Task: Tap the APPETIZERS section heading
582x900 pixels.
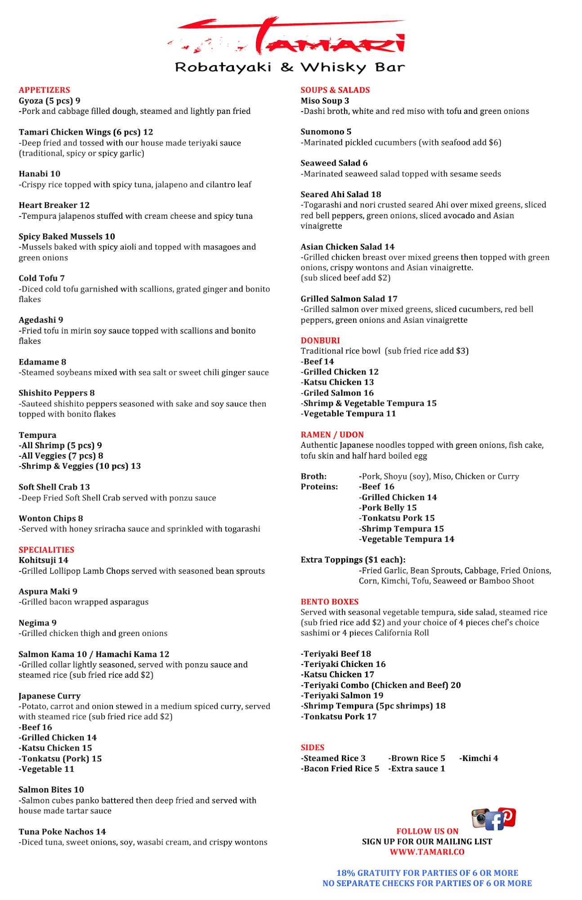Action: point(45,90)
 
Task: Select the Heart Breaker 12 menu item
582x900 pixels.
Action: point(54,205)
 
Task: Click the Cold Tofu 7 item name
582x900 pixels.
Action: point(41,278)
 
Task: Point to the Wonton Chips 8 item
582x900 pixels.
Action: point(51,518)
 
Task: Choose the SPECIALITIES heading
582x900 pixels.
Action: point(46,550)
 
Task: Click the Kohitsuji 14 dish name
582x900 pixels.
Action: point(43,560)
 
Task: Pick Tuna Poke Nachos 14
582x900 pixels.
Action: point(62,832)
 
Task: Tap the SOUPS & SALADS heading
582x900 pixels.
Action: point(335,90)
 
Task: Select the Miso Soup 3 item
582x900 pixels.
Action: point(325,101)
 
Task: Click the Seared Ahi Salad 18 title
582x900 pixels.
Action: point(340,194)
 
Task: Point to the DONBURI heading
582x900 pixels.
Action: point(320,341)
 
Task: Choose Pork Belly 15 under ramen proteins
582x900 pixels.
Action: point(388,508)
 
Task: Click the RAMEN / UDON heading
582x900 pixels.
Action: point(332,435)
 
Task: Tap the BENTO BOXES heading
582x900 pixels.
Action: point(329,602)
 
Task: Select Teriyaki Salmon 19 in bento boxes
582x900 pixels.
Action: point(342,695)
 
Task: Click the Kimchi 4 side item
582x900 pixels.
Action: point(479,758)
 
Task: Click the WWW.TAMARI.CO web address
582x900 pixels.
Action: point(427,852)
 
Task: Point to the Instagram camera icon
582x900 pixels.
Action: point(480,818)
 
